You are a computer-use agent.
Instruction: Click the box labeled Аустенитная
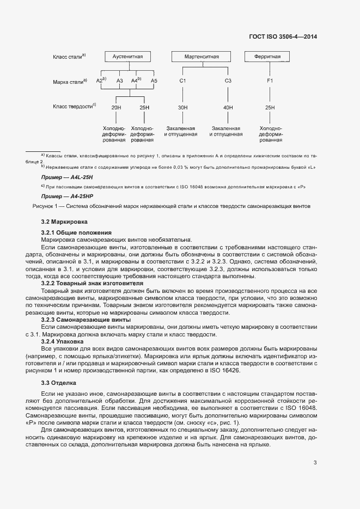pos(127,57)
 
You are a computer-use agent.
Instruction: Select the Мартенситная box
pos(203,57)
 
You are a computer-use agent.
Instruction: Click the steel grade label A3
pos(120,81)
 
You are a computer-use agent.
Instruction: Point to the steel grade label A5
pos(154,81)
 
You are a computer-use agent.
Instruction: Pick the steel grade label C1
pos(183,81)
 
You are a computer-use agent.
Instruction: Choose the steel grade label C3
pos(228,81)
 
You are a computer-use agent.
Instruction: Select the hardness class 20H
pos(116,108)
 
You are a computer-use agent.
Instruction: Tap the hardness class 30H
pos(183,108)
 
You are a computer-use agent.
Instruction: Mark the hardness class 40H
pos(228,108)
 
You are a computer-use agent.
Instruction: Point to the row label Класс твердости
pos(74,107)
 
